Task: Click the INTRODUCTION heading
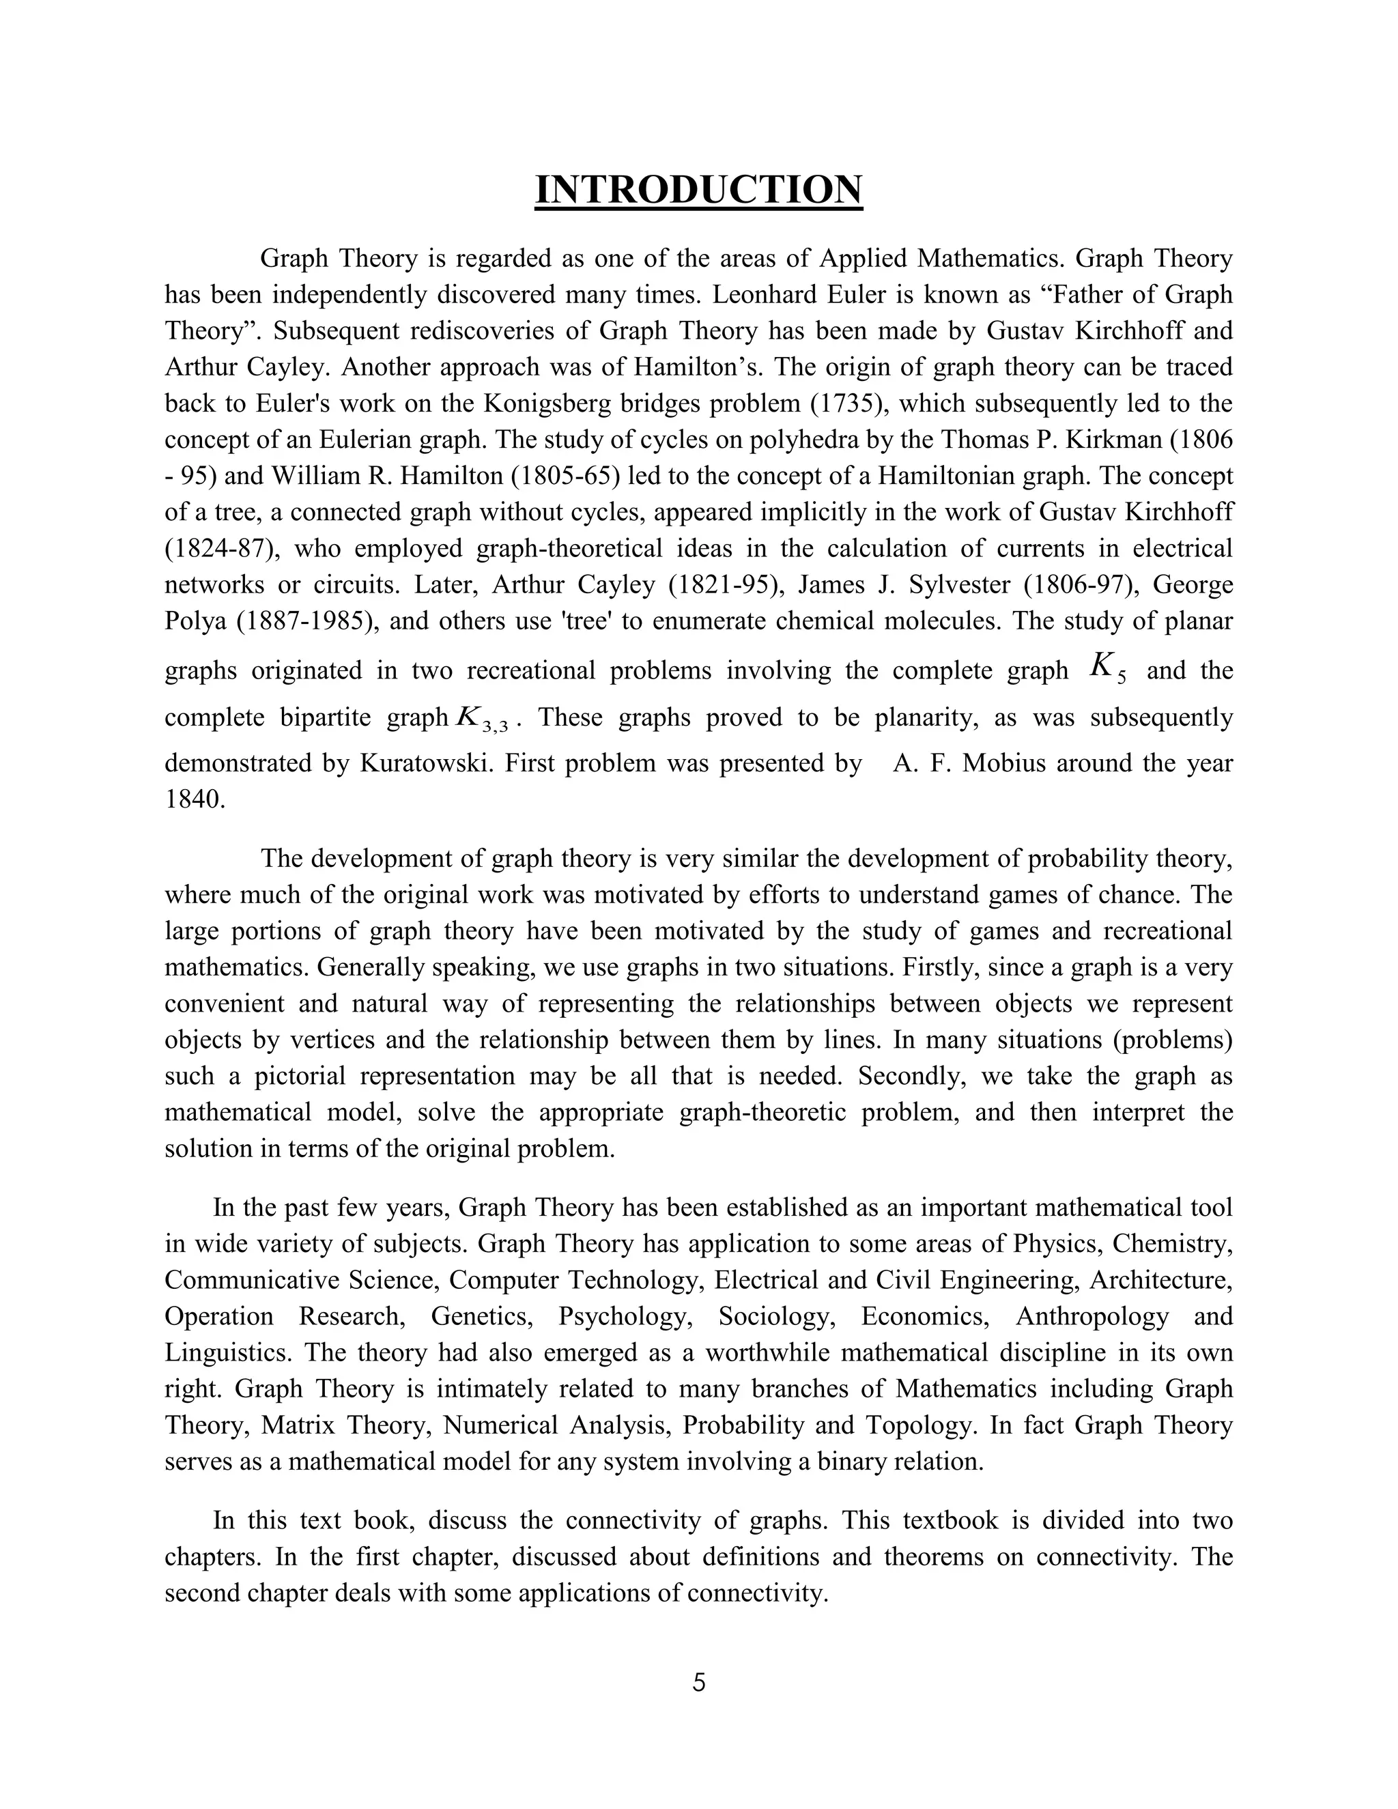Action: [x=698, y=190]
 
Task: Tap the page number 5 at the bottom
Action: [x=698, y=1682]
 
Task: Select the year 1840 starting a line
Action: [x=194, y=799]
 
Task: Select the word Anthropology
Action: [x=1092, y=1316]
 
